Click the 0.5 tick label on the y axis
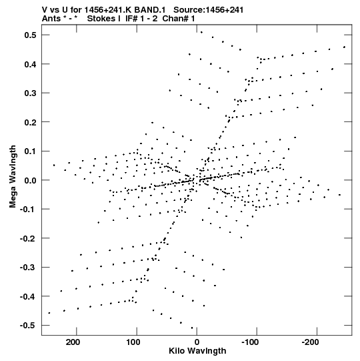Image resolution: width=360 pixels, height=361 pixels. (x=31, y=35)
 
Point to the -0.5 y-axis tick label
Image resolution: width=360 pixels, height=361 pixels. (x=28, y=326)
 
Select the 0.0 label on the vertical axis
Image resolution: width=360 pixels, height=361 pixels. (x=31, y=180)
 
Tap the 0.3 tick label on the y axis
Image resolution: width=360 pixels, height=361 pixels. (x=31, y=93)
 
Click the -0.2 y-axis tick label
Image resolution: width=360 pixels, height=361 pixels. (x=28, y=238)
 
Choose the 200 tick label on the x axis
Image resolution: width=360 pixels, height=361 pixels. (x=73, y=342)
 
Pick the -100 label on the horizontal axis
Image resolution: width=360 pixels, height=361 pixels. (x=250, y=342)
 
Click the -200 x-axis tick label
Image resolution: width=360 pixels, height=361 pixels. (x=311, y=342)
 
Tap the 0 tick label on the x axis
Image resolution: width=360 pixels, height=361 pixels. (x=197, y=342)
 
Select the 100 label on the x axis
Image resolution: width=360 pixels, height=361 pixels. (x=133, y=342)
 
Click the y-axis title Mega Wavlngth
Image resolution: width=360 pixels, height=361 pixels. (x=13, y=177)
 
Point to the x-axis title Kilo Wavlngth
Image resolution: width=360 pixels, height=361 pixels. (x=197, y=351)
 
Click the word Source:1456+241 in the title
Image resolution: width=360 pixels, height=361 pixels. (x=209, y=10)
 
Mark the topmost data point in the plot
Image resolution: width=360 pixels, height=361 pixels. (x=201, y=32)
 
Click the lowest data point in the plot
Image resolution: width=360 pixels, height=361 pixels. (x=192, y=328)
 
